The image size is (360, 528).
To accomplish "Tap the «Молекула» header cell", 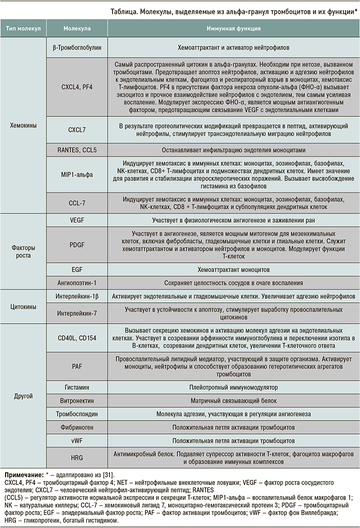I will [77, 29].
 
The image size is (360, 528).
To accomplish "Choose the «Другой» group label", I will [23, 396].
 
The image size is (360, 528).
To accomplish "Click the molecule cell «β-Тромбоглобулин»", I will [77, 48].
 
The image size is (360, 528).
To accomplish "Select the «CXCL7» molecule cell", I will [77, 130].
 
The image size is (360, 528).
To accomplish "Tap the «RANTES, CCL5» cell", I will [77, 149].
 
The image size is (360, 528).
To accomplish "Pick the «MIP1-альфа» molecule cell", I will [77, 174].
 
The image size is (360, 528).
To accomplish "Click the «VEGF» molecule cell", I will [77, 220].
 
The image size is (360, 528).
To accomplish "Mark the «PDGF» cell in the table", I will [77, 245].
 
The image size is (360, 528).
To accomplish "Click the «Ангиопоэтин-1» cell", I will [77, 282].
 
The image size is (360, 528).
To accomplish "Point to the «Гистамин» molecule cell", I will [77, 388].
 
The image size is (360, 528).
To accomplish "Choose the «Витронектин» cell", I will [77, 401].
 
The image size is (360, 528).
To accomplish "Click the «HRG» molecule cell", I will [77, 456].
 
